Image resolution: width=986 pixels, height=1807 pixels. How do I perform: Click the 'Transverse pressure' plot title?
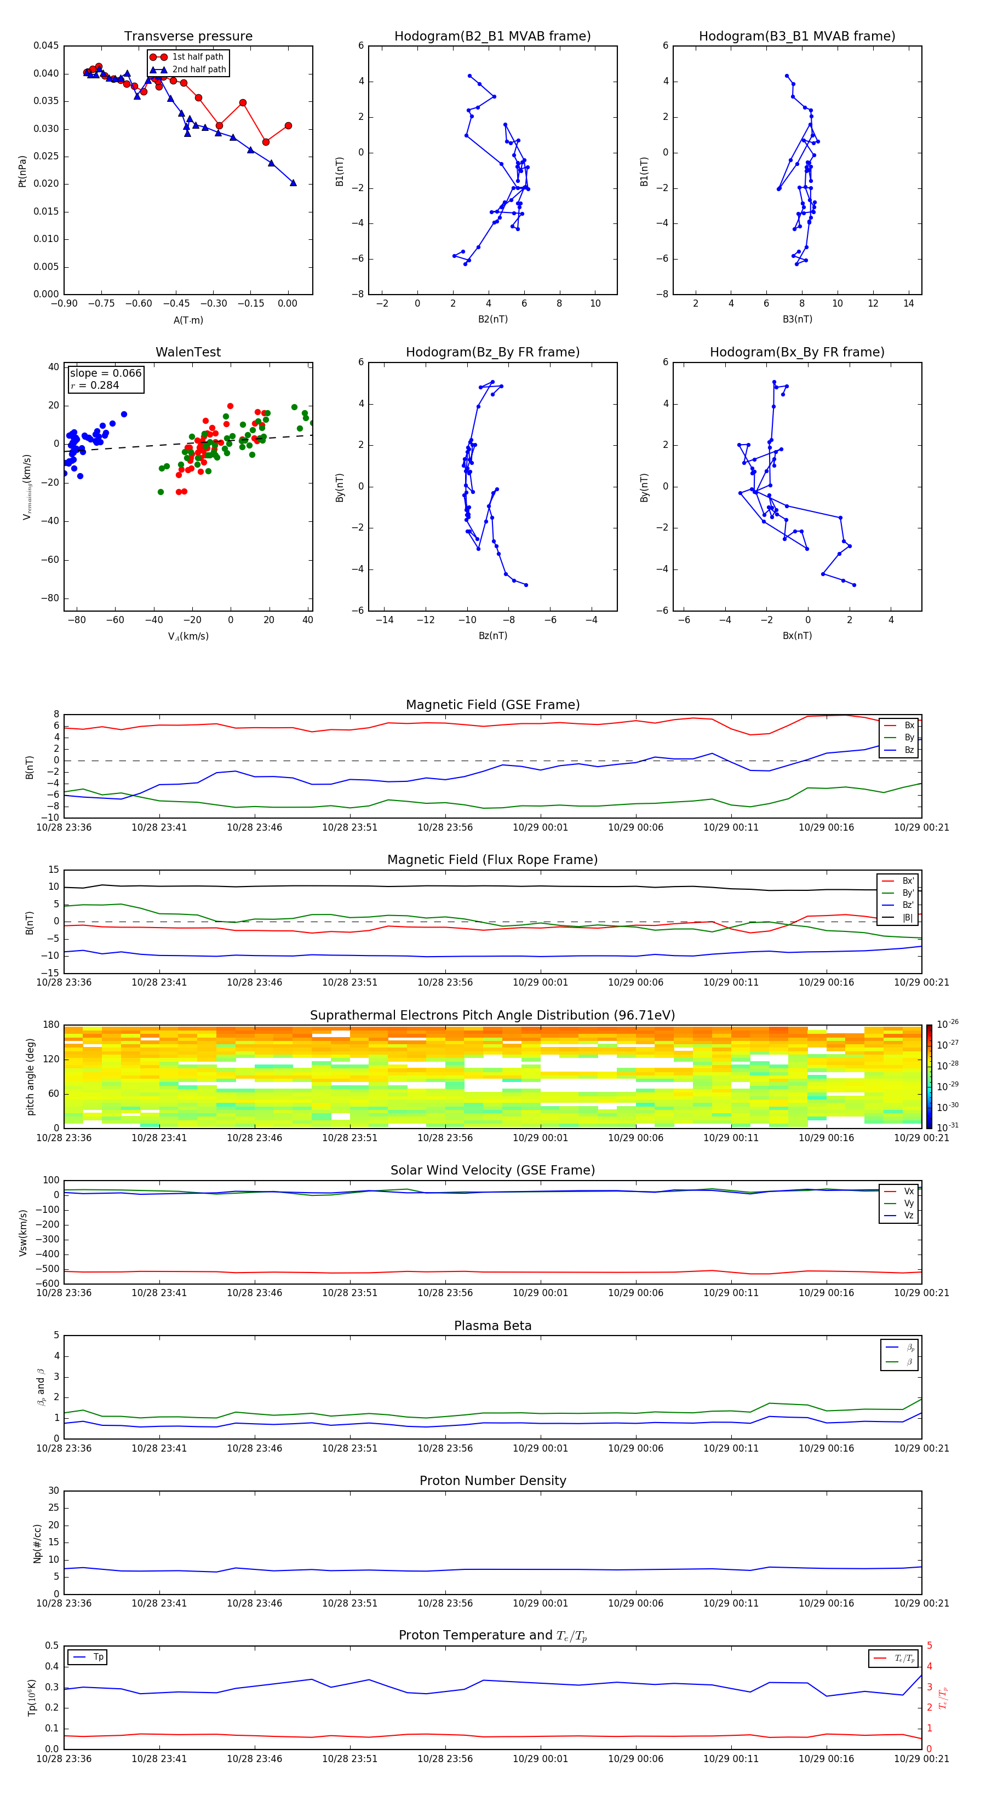click(x=188, y=37)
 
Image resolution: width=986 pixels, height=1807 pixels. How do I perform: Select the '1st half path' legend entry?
click(x=197, y=57)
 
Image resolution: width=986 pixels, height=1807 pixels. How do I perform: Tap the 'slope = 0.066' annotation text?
click(x=105, y=373)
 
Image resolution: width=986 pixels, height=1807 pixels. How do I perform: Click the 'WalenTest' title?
click(x=188, y=352)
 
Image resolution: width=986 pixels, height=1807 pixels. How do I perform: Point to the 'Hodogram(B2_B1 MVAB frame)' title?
click(x=492, y=37)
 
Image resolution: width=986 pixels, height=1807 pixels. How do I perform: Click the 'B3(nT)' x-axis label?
click(x=797, y=319)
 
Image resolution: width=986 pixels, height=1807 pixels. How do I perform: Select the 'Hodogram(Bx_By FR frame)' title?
click(x=796, y=352)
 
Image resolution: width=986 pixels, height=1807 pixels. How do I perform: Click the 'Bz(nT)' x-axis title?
click(x=492, y=636)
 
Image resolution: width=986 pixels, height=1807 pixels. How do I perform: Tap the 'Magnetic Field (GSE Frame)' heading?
click(x=492, y=705)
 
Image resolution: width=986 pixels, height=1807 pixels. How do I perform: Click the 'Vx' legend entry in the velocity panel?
click(x=909, y=1191)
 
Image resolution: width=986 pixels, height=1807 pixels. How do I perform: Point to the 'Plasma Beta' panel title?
click(x=492, y=1326)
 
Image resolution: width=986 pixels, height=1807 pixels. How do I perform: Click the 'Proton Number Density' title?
click(x=492, y=1481)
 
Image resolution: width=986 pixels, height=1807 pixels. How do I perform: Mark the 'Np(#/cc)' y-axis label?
click(x=38, y=1543)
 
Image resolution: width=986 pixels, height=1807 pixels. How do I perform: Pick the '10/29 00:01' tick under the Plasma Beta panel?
click(x=540, y=1448)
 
